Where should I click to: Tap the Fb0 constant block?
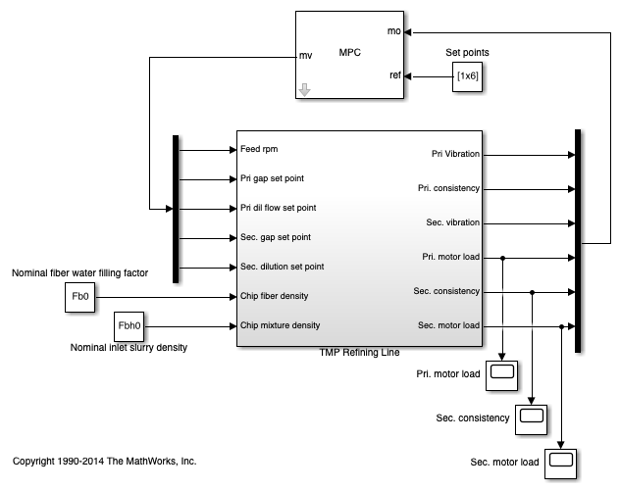point(79,296)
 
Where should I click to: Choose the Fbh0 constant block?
point(129,325)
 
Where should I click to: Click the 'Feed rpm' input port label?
point(259,150)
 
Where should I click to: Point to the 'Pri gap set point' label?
point(274,179)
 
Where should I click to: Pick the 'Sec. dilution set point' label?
point(283,267)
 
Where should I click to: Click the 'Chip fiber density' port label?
point(276,296)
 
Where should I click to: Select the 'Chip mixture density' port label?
point(280,325)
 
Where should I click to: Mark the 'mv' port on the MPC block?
point(305,56)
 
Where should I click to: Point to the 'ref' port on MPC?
point(394,75)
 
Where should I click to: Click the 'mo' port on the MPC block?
point(394,31)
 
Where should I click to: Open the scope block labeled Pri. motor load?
point(502,373)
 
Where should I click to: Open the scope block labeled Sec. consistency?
point(532,417)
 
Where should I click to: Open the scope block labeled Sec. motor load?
point(561,461)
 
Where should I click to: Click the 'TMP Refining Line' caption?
point(359,353)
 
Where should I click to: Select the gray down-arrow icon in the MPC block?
point(305,90)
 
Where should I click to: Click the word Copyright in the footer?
point(36,460)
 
